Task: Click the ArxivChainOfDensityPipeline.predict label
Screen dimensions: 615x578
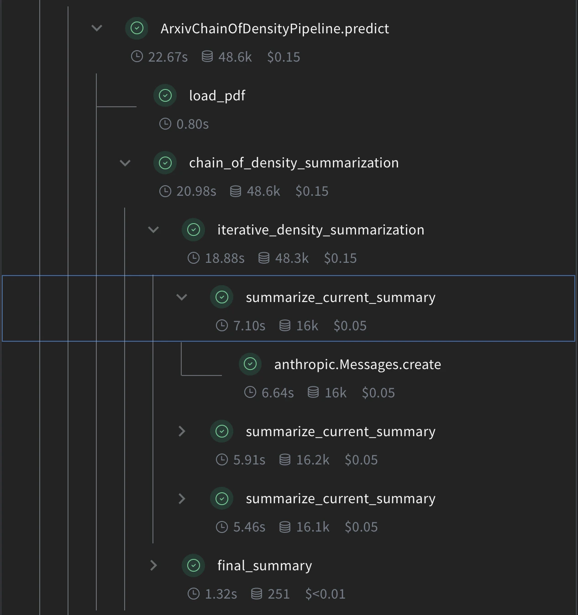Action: pyautogui.click(x=274, y=29)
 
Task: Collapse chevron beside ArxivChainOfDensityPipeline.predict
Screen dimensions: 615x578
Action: pyautogui.click(x=97, y=28)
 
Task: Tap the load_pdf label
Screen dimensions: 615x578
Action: pyautogui.click(x=217, y=96)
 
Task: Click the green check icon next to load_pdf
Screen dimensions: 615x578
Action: pyautogui.click(x=165, y=96)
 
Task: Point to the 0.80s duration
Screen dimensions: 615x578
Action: pyautogui.click(x=192, y=124)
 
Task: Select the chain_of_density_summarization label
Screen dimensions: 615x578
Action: pyautogui.click(x=294, y=163)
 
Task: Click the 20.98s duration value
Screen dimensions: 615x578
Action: pyautogui.click(x=196, y=191)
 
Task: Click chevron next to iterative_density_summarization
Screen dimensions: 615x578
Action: pyautogui.click(x=153, y=230)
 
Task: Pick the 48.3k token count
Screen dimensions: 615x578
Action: pyautogui.click(x=291, y=258)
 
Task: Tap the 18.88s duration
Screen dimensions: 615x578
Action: pyautogui.click(x=224, y=258)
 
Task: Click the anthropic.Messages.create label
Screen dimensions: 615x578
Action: pyautogui.click(x=357, y=365)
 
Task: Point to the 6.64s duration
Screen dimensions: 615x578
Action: pyautogui.click(x=277, y=393)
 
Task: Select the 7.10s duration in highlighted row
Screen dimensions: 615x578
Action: pyautogui.click(x=249, y=326)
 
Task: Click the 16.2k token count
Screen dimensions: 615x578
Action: pyautogui.click(x=312, y=460)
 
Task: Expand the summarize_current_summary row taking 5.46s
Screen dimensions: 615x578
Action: pyautogui.click(x=182, y=499)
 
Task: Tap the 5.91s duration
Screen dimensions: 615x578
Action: pyautogui.click(x=249, y=460)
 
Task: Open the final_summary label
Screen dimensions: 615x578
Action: pyautogui.click(x=264, y=566)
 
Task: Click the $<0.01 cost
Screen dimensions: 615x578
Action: pyautogui.click(x=325, y=594)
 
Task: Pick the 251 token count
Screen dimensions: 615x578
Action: pyautogui.click(x=278, y=594)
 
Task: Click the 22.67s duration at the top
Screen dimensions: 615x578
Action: pyautogui.click(x=168, y=57)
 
